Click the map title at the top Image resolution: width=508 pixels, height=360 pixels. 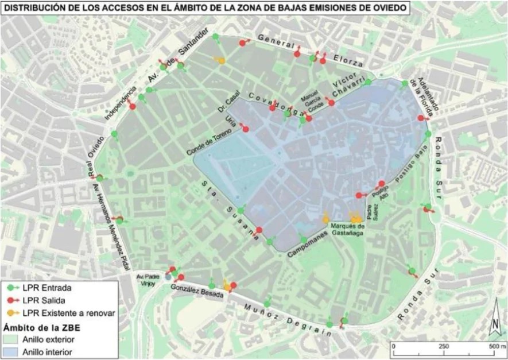(205, 8)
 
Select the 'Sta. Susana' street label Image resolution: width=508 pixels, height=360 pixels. (228, 207)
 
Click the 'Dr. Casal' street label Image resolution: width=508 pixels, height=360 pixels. (231, 104)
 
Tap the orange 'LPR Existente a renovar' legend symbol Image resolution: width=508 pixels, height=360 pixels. (13, 313)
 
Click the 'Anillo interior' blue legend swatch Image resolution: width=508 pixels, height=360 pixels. (12, 350)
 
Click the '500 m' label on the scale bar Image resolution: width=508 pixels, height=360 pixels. (493, 347)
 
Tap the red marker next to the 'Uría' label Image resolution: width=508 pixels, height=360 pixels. (246, 129)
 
